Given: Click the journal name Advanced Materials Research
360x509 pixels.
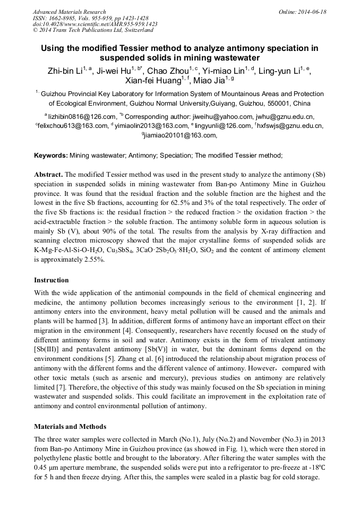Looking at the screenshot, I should tap(69, 11).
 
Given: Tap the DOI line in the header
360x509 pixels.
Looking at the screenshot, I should tap(95, 24).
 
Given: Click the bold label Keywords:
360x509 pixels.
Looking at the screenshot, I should tap(51, 156).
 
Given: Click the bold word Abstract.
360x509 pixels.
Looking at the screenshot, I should tap(49, 175).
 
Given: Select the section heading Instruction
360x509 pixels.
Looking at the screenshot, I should tap(51, 280).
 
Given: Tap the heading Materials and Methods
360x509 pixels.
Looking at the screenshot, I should tap(70, 426).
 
